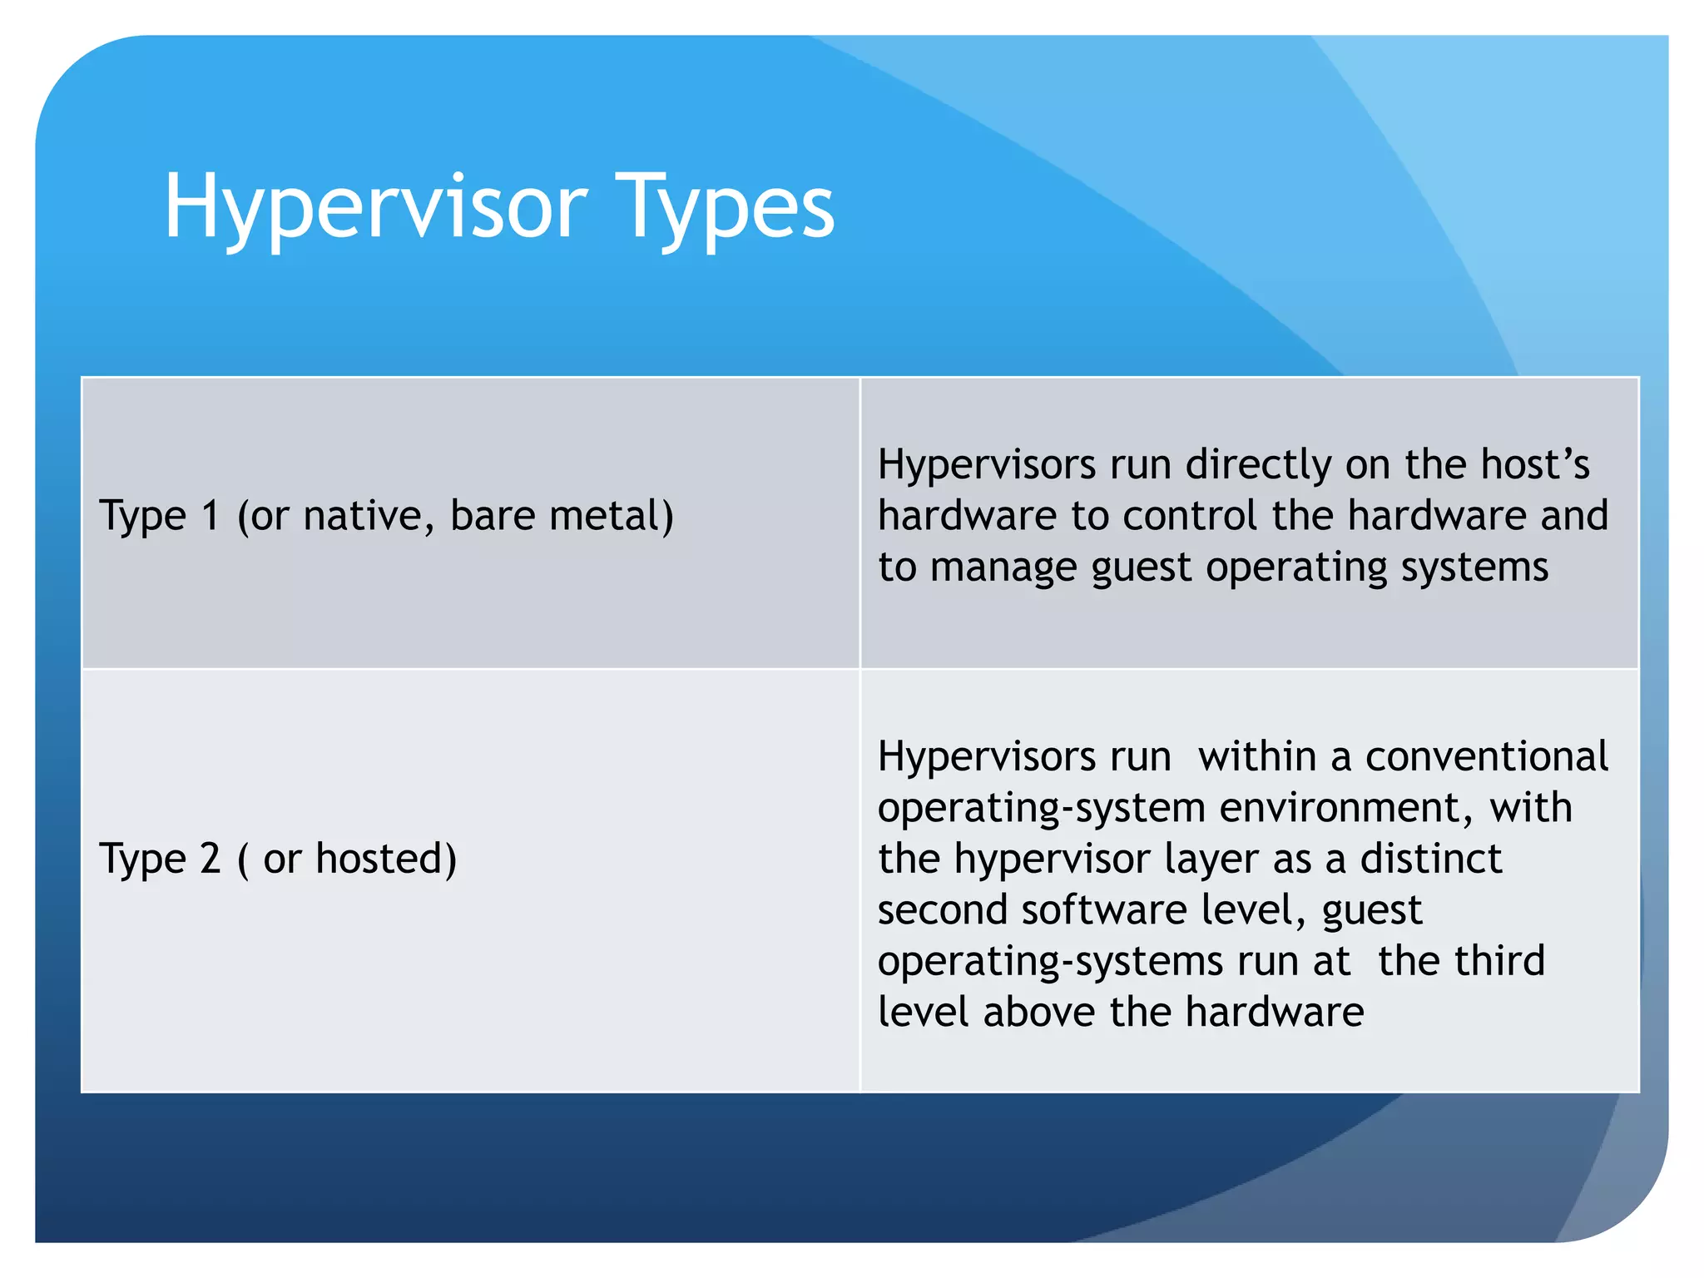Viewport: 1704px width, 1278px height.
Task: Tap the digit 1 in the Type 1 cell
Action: coord(211,516)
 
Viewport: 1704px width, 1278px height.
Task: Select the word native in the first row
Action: coord(369,516)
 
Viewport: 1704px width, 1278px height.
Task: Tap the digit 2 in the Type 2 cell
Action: coord(211,859)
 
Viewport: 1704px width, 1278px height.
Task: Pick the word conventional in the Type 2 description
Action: coord(1486,756)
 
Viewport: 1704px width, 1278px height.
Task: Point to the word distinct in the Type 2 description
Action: coord(1431,859)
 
